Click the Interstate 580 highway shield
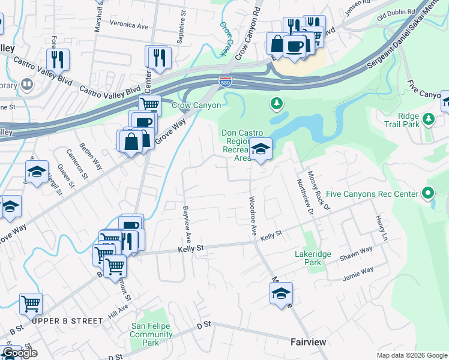pos(225,81)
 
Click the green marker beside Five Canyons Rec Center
pos(427,194)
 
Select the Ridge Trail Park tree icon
pos(428,119)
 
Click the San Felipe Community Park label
pos(151,334)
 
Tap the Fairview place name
pos(308,342)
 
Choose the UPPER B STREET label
pos(68,321)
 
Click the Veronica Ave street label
pos(128,26)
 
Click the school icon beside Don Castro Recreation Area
pos(261,149)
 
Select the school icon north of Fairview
pos(280,294)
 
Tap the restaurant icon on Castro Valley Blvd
pos(58,59)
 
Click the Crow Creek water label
pos(226,40)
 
